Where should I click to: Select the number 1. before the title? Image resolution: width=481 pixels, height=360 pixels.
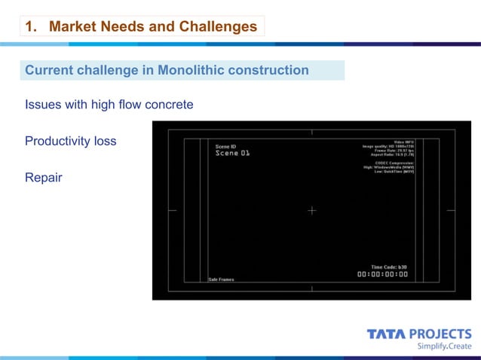(31, 27)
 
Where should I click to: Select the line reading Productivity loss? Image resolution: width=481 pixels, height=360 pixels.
(70, 141)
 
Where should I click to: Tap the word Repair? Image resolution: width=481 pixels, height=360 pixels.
(43, 178)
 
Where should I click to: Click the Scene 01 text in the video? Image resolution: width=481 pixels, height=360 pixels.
(231, 153)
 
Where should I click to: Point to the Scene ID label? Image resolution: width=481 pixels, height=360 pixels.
(226, 147)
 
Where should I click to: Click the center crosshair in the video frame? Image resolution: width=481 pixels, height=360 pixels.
(311, 211)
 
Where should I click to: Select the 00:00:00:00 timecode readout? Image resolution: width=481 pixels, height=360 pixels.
(382, 274)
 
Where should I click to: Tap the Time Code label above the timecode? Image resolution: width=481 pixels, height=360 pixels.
(389, 267)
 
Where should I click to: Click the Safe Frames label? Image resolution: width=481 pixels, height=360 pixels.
(221, 279)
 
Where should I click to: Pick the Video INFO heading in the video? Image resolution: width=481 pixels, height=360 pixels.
(404, 142)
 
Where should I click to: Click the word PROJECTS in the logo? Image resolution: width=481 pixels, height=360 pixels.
(442, 334)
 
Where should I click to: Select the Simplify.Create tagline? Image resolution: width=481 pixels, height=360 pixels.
(444, 346)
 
